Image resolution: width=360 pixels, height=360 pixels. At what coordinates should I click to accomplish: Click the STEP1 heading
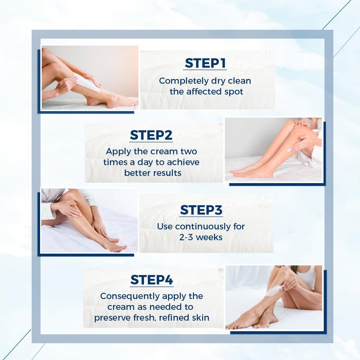[x=205, y=63]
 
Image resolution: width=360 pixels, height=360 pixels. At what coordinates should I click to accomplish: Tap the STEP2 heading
[x=151, y=135]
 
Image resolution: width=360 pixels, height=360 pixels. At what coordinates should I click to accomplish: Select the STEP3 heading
[x=201, y=210]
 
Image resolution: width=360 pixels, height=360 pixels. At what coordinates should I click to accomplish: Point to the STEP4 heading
[x=152, y=280]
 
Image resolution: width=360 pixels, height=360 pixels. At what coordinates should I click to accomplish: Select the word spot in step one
[x=234, y=92]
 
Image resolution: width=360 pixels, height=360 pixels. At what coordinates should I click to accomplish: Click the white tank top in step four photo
[x=307, y=277]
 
